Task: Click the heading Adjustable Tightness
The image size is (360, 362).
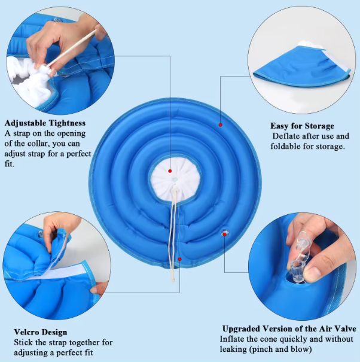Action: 45,123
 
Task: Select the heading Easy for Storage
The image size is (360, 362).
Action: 302,126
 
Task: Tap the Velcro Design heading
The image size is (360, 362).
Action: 41,332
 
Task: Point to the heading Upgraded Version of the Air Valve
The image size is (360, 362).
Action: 289,328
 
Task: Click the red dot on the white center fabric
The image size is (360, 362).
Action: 170,171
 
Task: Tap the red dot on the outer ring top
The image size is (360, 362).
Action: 221,125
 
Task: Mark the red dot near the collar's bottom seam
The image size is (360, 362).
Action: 180,259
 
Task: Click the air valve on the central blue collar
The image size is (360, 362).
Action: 224,233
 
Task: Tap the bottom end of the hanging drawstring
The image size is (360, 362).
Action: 173,281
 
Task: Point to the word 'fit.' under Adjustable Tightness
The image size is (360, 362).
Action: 9,164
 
